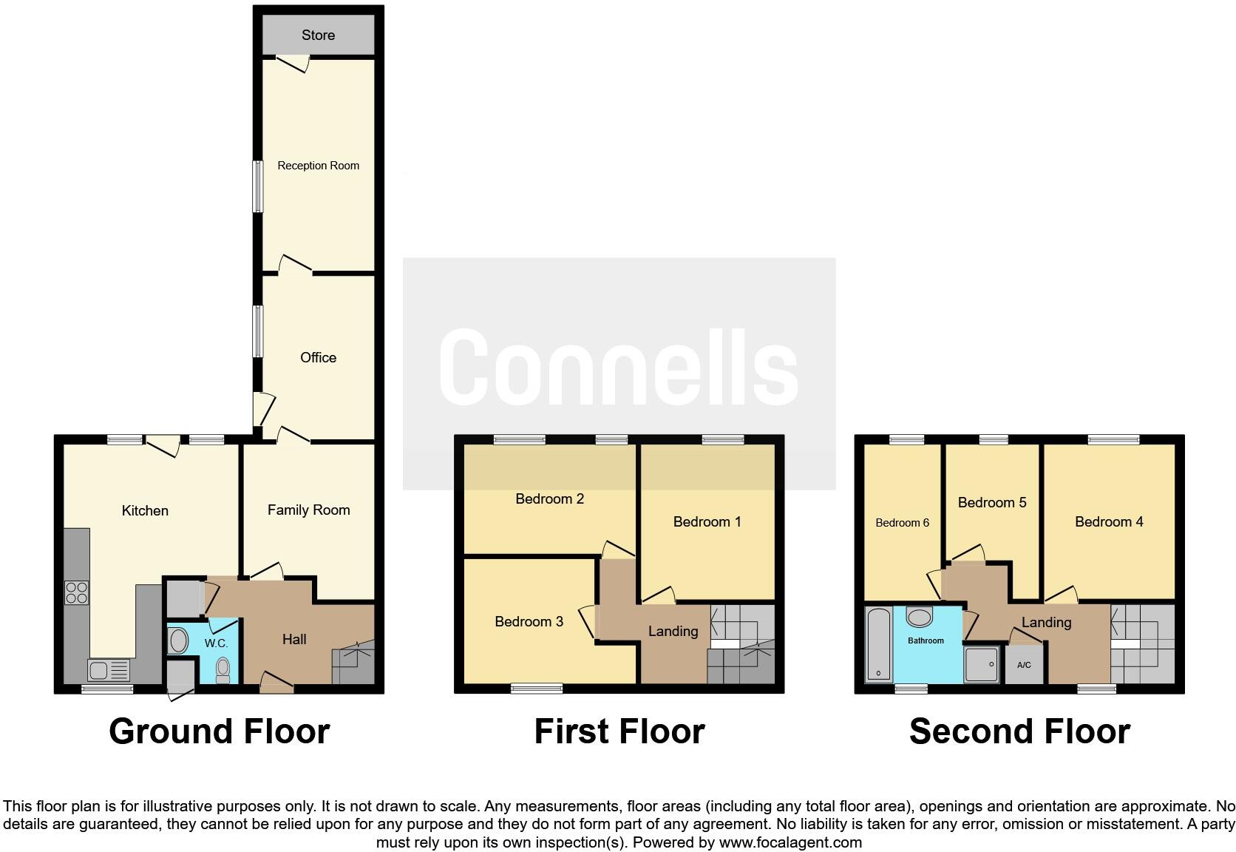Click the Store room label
click(x=318, y=35)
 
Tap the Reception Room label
click(x=318, y=166)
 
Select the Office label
click(x=318, y=357)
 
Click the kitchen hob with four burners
click(x=77, y=592)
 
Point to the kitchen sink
click(x=108, y=671)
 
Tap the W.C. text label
click(x=216, y=643)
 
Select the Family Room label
click(x=308, y=510)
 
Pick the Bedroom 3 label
click(x=529, y=621)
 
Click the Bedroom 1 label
click(x=707, y=521)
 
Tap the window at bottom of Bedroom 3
click(x=537, y=689)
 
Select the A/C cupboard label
click(x=1024, y=665)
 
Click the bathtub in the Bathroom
click(x=878, y=643)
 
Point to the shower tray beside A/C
click(x=982, y=664)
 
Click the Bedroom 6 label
click(x=902, y=523)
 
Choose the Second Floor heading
click(x=1019, y=731)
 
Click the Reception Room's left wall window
click(x=258, y=186)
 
